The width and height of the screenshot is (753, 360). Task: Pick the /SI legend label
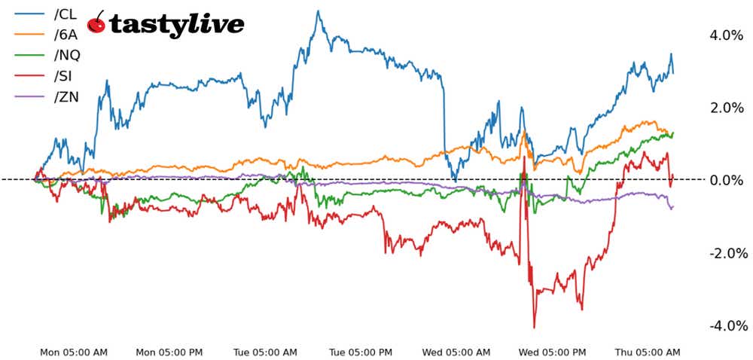60,75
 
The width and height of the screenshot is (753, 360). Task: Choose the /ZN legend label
62,96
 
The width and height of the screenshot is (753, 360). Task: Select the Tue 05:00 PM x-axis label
360,352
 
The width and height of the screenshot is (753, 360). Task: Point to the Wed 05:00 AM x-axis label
457,352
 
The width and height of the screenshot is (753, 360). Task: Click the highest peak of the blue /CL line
318,11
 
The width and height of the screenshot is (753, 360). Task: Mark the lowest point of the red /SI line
535,328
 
